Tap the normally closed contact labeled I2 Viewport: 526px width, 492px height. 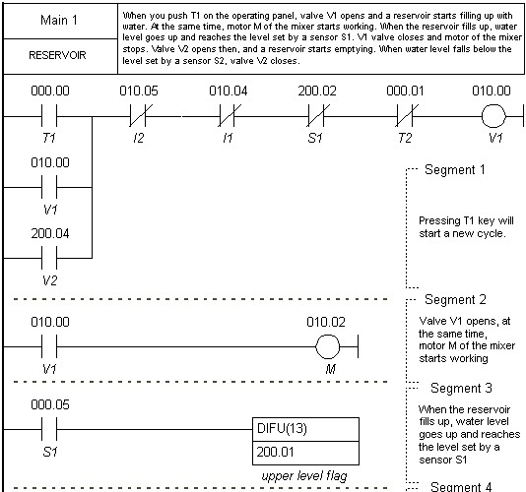[139, 116]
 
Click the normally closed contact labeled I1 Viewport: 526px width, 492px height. [229, 116]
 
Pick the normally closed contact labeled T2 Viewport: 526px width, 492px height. [406, 116]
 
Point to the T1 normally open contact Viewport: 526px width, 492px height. [49, 116]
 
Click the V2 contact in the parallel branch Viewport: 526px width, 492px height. [49, 258]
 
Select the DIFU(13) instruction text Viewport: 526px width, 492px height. [282, 428]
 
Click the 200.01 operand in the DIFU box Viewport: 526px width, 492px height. [275, 452]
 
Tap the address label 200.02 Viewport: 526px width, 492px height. [317, 91]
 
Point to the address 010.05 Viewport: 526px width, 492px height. [139, 91]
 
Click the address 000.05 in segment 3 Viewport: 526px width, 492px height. [50, 404]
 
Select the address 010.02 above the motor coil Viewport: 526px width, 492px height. [326, 322]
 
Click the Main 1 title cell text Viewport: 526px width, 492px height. [59, 20]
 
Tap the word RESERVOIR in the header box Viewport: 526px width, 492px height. [57, 55]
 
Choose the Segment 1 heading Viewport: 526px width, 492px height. [455, 169]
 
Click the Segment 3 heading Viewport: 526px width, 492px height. [461, 388]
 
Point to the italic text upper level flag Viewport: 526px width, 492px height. [304, 476]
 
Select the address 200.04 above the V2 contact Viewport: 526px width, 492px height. [50, 233]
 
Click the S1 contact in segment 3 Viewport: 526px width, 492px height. [49, 429]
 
